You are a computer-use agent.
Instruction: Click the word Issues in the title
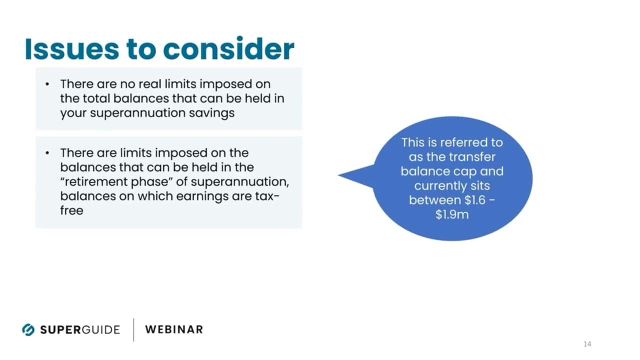click(72, 49)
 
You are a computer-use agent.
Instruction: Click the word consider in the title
click(228, 48)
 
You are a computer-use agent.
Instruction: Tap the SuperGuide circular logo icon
click(28, 329)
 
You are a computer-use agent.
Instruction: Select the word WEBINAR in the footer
click(174, 329)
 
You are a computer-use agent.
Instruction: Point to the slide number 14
click(587, 343)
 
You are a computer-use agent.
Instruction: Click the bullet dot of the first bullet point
click(47, 84)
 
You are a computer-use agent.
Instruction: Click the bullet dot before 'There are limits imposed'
click(47, 153)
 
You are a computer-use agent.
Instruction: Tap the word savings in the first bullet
click(211, 113)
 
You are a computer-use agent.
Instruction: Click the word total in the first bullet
click(96, 98)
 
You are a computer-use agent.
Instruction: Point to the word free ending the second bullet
click(71, 210)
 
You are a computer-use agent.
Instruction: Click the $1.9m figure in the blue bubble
click(452, 215)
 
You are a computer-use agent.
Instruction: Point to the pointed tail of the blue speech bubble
click(338, 175)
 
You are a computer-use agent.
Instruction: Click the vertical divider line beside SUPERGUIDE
click(133, 329)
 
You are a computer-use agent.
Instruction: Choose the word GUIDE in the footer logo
click(101, 329)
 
